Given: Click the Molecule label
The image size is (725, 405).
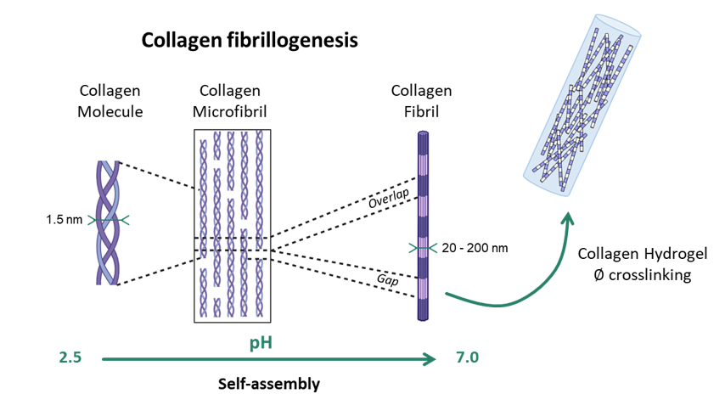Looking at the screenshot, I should [x=110, y=113].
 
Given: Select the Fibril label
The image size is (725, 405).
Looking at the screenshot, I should [x=421, y=113].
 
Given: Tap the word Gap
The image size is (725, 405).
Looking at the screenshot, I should [x=387, y=279].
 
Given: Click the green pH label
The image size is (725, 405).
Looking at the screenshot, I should [x=261, y=343].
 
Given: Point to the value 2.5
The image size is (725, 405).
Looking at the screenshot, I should [x=70, y=358].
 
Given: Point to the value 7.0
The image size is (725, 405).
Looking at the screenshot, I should [x=467, y=358].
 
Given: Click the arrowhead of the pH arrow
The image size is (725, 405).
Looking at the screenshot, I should [x=431, y=359].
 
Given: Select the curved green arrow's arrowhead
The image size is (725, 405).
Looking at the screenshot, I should [x=567, y=218].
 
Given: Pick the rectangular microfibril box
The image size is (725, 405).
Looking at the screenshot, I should [x=232, y=226].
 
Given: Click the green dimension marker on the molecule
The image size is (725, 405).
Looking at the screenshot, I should [x=108, y=220].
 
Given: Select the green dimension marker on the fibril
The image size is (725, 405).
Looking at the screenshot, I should [x=423, y=248].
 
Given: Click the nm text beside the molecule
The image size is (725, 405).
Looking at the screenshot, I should [x=73, y=220].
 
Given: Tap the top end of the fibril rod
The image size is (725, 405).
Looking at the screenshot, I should [x=423, y=134].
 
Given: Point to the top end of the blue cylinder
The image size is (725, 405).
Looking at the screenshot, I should [x=618, y=25].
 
